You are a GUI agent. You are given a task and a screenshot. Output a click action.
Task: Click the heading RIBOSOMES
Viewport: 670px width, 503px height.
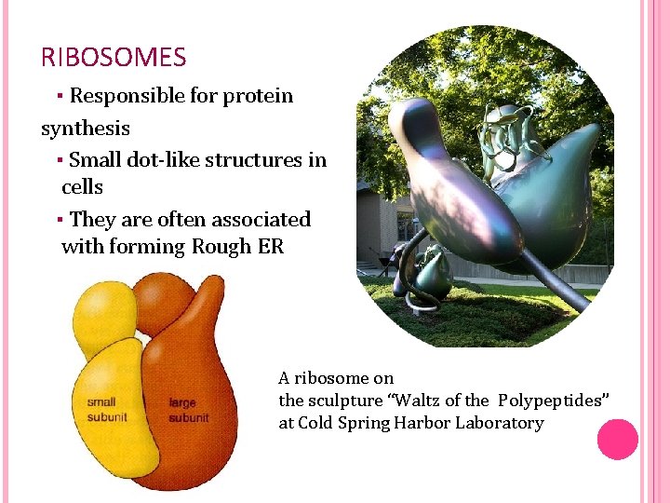click(114, 58)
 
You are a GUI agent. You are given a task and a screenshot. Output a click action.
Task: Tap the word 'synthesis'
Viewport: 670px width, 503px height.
click(86, 128)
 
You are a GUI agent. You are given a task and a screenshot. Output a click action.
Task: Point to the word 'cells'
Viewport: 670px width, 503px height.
click(82, 186)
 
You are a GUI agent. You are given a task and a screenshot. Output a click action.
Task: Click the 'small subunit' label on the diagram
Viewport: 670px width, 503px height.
click(107, 410)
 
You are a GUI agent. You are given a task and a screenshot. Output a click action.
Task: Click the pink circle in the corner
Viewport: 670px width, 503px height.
click(617, 440)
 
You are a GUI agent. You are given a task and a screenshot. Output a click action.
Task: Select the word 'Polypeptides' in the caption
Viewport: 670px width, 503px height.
click(554, 401)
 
